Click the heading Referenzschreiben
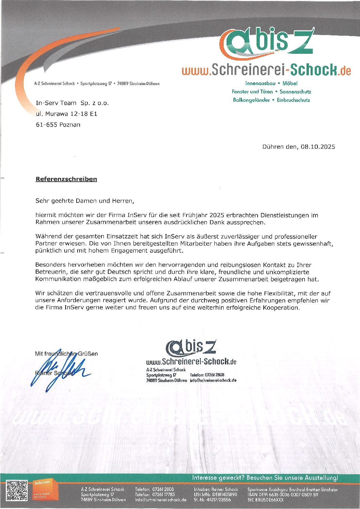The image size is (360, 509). coord(66,179)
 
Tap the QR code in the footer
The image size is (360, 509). coord(17,490)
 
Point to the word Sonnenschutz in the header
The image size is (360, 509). coord(295,92)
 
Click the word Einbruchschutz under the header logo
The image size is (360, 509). coord(293,100)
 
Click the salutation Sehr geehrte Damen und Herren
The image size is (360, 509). coord(85,201)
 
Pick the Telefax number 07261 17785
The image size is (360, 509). coord(163,495)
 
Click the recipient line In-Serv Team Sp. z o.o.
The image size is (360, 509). coord(72,103)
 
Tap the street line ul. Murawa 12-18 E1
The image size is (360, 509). coord(66,114)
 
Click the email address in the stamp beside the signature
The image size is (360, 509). coord(213,380)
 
